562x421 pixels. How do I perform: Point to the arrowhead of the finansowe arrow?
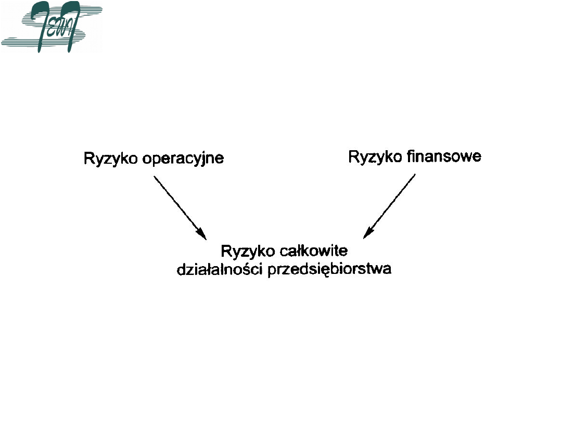[367, 233]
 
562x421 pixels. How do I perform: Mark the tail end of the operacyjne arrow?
[154, 177]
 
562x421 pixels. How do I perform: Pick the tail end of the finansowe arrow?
[415, 175]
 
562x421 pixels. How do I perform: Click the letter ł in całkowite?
[299, 252]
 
